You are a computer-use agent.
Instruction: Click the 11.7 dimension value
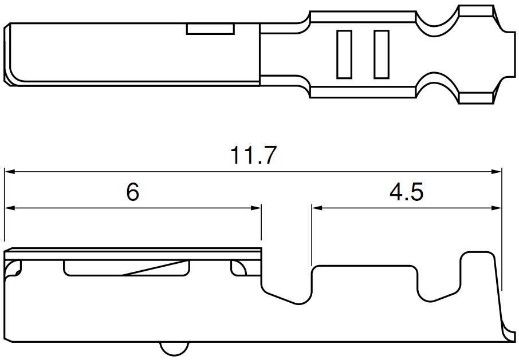(254, 156)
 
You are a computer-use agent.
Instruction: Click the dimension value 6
(132, 193)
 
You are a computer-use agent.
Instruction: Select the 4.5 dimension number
(406, 193)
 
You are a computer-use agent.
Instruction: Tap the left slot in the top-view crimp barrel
(344, 54)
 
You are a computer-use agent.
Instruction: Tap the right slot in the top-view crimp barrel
(381, 54)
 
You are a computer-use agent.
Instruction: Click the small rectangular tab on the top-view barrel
(210, 29)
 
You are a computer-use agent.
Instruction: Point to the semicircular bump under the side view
(174, 349)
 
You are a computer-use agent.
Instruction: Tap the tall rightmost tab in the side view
(478, 275)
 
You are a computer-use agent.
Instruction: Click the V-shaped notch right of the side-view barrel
(286, 292)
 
